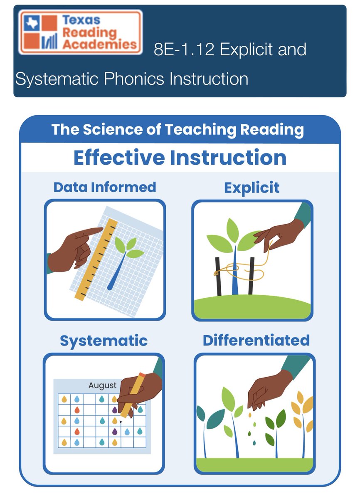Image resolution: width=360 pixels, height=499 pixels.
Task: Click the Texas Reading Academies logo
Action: coord(80,32)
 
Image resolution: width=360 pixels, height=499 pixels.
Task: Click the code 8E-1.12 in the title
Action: coord(183,50)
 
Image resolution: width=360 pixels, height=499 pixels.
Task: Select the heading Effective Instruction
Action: coord(180,158)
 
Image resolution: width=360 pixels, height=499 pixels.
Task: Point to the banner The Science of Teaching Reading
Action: coord(178,129)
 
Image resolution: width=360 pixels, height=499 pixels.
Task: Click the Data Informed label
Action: coord(105,187)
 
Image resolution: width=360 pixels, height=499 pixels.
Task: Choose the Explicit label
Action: coord(252,188)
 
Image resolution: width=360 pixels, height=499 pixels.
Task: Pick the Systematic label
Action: coord(104,341)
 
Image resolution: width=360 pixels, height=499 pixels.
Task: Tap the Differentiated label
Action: coord(256,340)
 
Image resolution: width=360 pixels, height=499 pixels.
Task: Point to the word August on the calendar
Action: coord(102,385)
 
